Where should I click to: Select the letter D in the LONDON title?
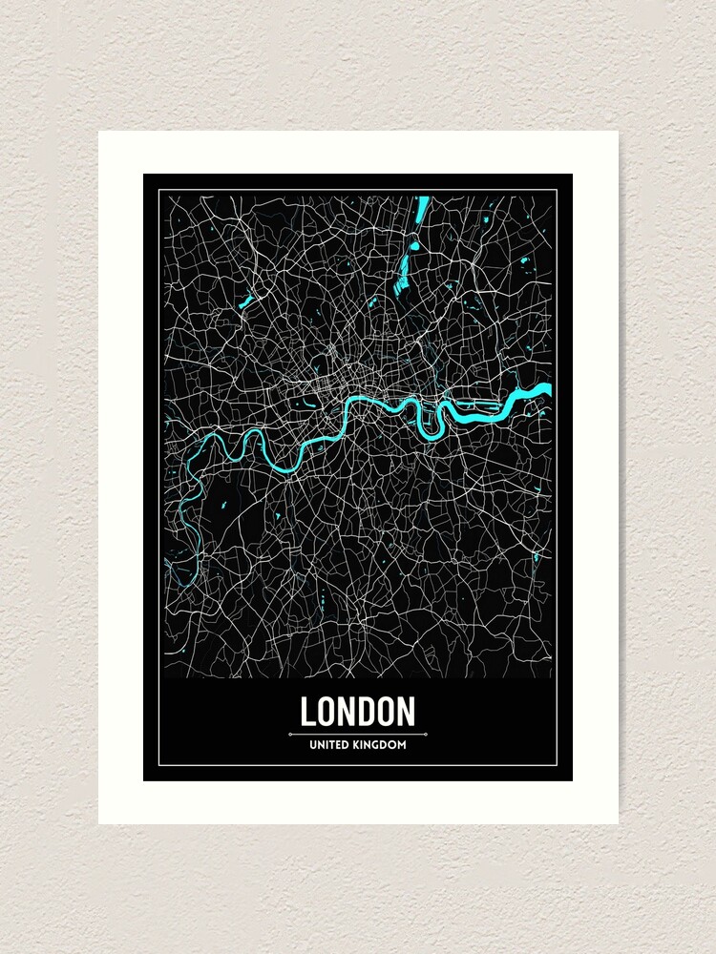click(x=368, y=712)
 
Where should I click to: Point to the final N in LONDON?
click(x=407, y=712)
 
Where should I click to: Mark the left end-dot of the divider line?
click(x=289, y=735)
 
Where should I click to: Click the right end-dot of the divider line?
click(x=426, y=735)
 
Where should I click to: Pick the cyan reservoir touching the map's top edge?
click(x=421, y=207)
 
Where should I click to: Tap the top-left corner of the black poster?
click(x=144, y=175)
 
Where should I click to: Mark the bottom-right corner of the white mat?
click(x=618, y=823)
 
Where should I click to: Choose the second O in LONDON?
click(x=387, y=712)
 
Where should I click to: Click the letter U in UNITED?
click(x=313, y=745)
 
